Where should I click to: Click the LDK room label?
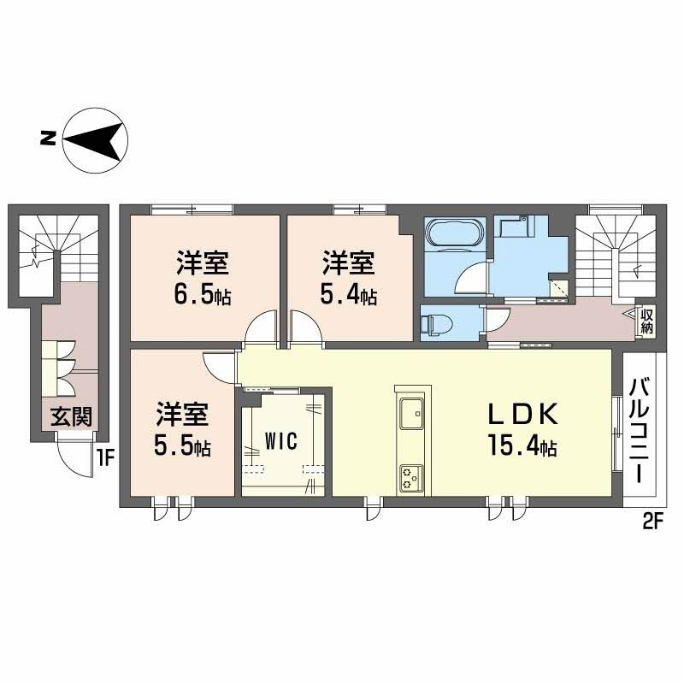(x=522, y=416)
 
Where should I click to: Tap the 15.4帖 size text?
(x=522, y=445)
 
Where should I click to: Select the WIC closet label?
(x=280, y=441)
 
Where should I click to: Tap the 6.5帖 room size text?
(x=203, y=296)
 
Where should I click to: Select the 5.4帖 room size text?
(x=348, y=296)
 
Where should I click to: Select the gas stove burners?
(x=410, y=477)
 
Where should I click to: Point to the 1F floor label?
(x=105, y=457)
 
